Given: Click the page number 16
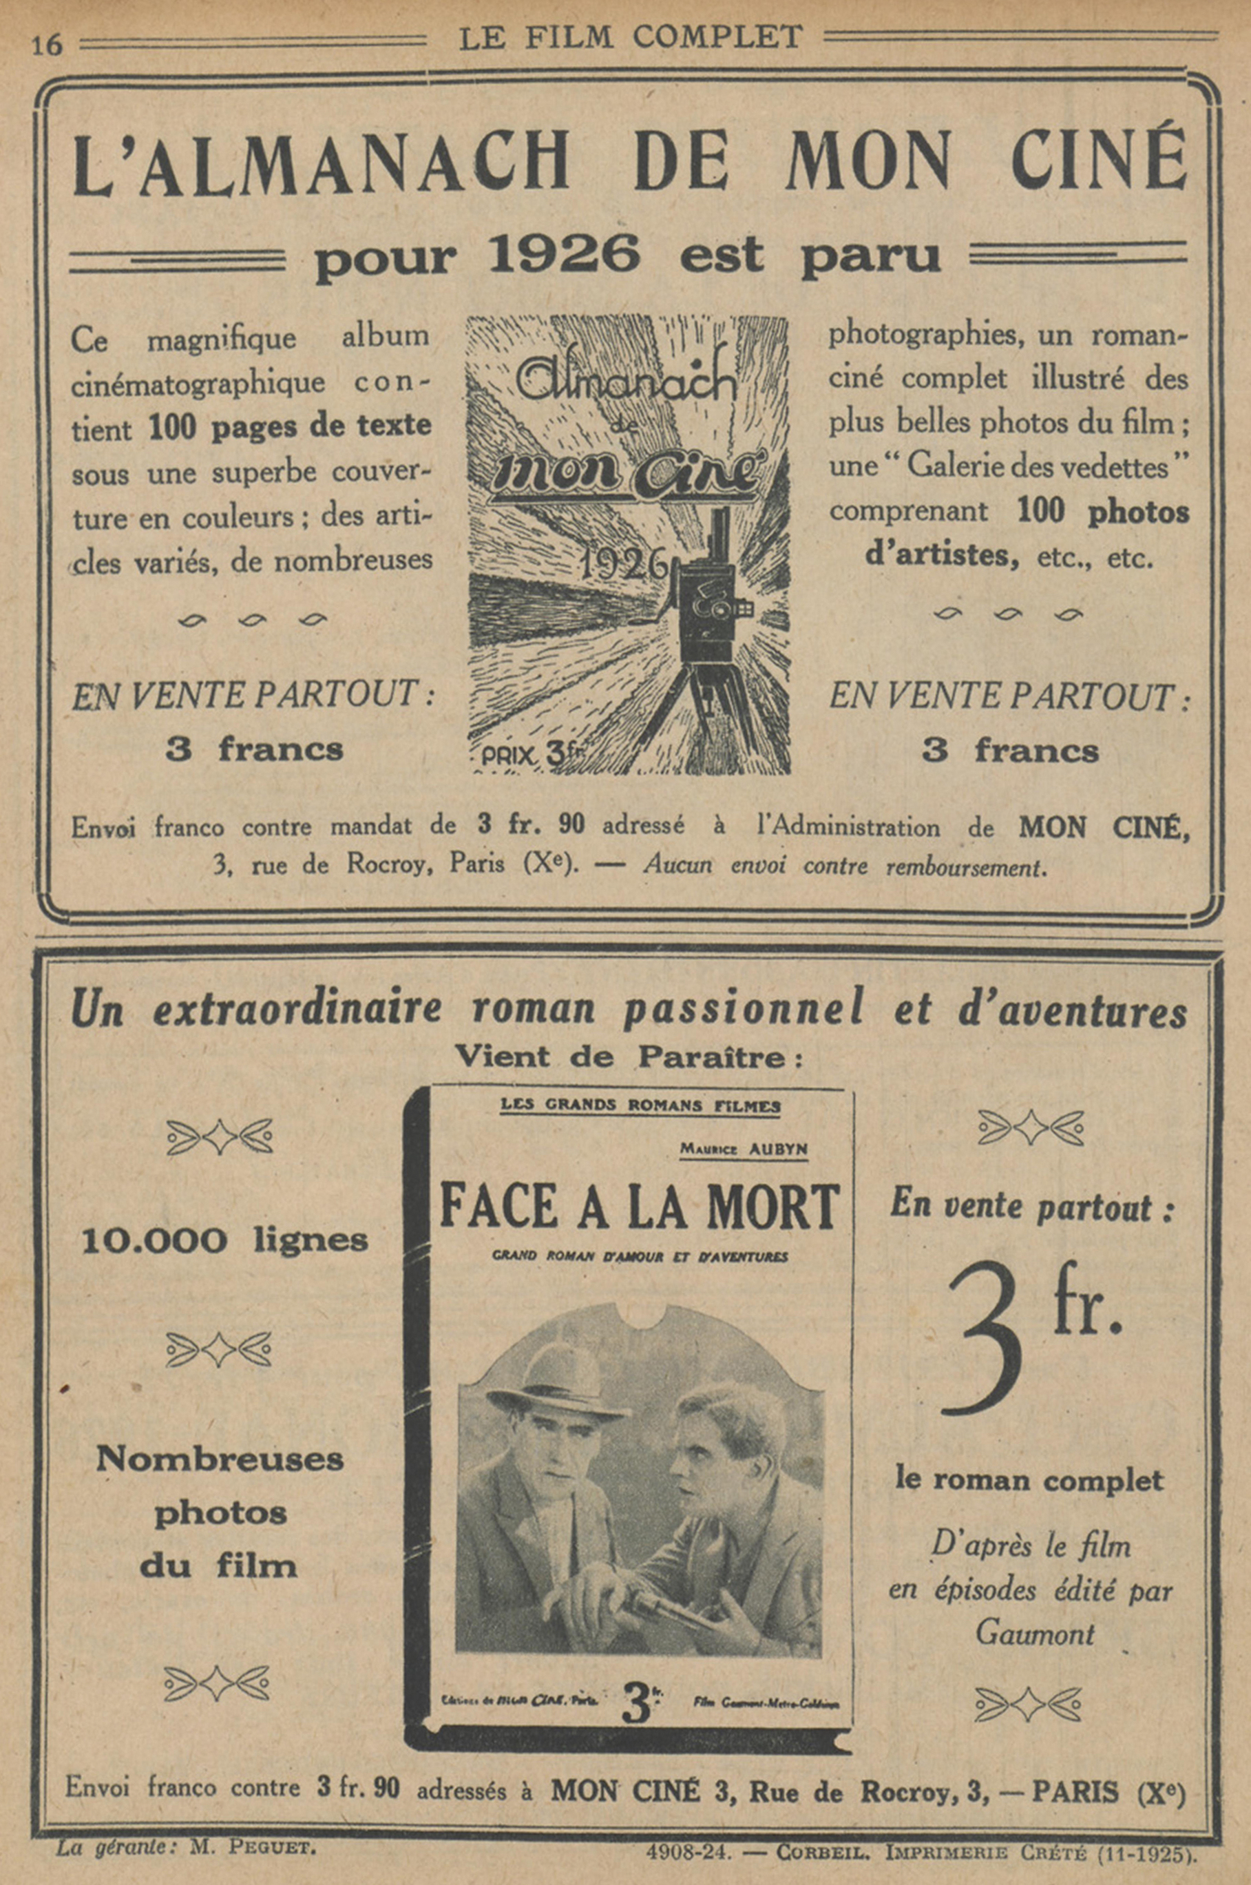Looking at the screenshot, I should coord(46,45).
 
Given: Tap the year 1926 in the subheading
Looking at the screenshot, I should coord(563,256).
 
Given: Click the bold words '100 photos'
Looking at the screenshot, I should coord(1104,512).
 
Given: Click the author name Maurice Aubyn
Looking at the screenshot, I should coord(744,1149).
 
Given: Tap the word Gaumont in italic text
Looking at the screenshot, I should coord(1035,1634).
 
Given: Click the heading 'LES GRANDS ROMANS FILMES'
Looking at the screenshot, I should coord(639,1106).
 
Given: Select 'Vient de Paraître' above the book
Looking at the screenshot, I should coord(628,1059).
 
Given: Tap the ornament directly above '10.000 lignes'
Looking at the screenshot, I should coord(220,1136).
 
